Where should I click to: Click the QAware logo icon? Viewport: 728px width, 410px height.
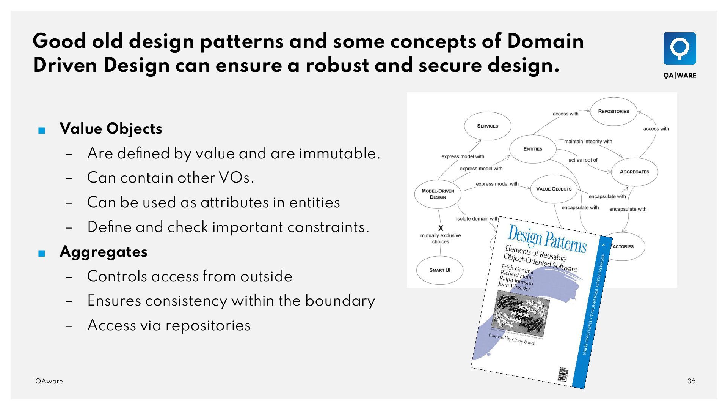679,49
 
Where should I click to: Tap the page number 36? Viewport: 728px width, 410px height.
691,381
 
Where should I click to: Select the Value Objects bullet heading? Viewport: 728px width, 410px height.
111,129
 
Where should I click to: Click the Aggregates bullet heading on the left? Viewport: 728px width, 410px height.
104,252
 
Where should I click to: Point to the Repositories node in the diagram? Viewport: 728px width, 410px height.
613,111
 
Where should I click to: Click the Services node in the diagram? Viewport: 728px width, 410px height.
487,126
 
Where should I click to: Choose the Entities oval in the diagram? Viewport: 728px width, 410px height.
533,149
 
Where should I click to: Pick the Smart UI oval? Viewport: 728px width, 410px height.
439,270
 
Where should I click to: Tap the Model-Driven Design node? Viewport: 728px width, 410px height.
438,194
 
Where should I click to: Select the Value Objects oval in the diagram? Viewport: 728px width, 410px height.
554,189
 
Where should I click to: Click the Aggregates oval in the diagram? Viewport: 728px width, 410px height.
634,172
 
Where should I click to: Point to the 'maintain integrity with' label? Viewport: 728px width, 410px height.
588,142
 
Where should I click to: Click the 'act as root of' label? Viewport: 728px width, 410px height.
583,160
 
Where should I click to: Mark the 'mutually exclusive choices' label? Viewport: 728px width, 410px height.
440,238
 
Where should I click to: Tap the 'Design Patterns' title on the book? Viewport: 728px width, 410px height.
547,239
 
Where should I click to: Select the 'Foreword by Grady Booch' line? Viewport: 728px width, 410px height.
512,339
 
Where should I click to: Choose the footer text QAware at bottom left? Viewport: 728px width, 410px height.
49,381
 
